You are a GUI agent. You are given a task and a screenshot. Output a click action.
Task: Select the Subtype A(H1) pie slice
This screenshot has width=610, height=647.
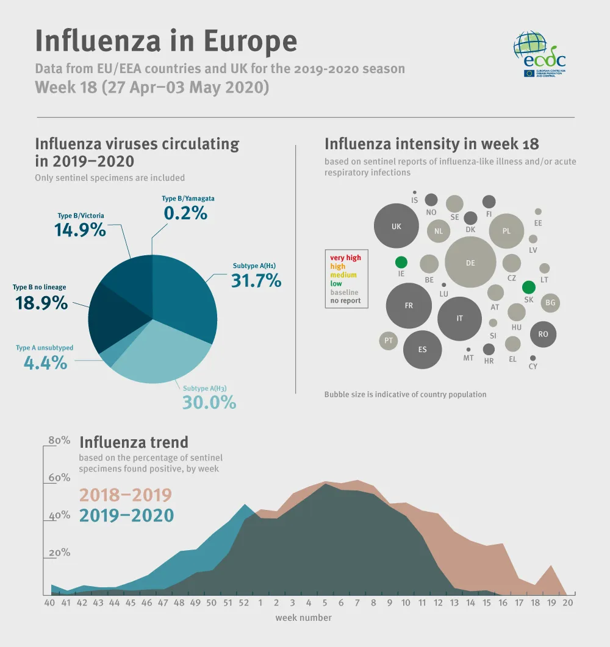tap(186, 292)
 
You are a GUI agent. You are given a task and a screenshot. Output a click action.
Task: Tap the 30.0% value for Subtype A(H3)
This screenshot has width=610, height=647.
tap(209, 402)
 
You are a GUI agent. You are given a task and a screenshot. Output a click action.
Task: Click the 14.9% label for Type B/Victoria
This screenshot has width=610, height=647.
tap(80, 230)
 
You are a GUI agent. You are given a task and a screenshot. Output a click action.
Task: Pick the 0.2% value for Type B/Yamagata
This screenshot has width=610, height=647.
tap(185, 213)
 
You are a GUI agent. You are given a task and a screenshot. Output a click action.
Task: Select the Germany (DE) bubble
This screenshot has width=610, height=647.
tap(470, 262)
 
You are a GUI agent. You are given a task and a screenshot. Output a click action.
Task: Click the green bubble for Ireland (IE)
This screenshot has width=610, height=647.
tap(401, 263)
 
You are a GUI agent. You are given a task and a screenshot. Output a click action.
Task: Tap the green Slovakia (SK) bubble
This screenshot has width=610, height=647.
tap(528, 287)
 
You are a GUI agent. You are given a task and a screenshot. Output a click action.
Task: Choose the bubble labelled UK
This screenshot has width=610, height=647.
tap(396, 227)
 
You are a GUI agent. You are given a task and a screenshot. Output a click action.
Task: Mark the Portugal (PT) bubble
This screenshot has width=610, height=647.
tap(389, 341)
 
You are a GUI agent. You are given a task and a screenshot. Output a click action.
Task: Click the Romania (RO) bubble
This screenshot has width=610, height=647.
tap(543, 334)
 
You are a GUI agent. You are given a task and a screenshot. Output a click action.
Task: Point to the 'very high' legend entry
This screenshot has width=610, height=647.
tap(345, 258)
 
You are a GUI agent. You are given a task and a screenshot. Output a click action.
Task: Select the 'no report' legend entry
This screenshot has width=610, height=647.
tap(345, 300)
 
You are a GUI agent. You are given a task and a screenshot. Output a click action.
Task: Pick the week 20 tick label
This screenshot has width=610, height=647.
tap(567, 603)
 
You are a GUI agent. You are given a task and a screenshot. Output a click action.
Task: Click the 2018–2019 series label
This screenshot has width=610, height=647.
tap(126, 495)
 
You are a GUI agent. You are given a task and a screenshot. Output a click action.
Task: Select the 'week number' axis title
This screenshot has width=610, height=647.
tap(303, 618)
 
